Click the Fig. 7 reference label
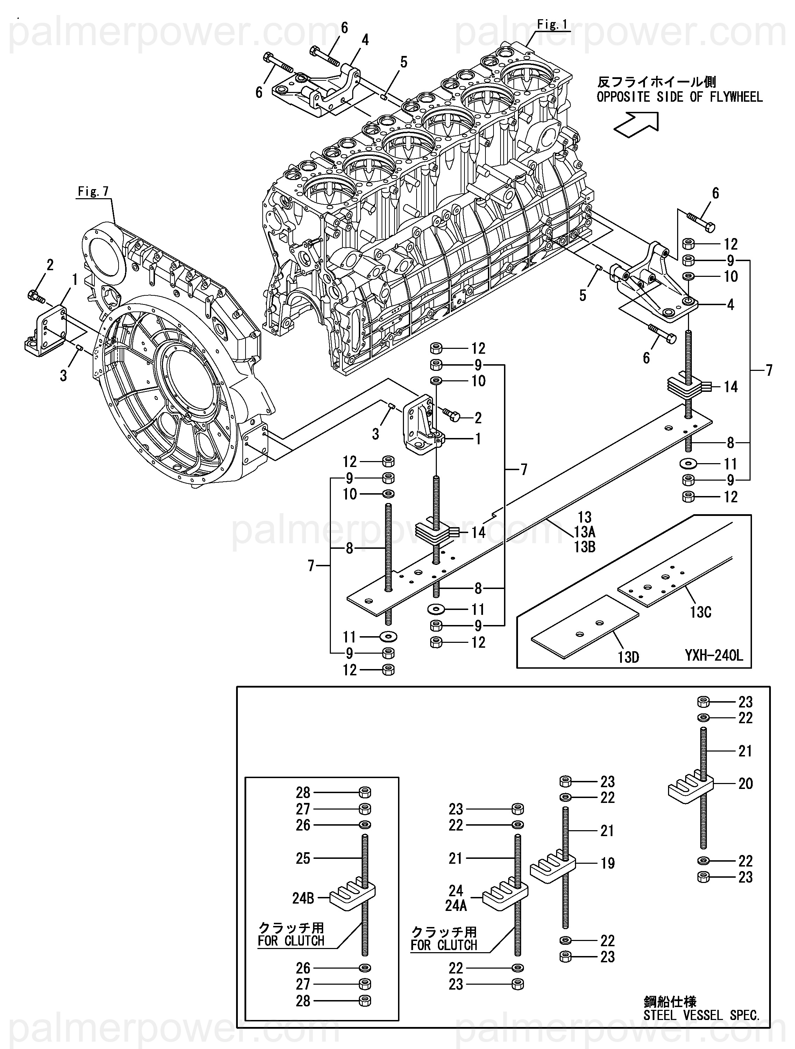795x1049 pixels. (x=93, y=191)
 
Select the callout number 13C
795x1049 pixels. (x=701, y=612)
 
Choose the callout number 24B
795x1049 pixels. (x=303, y=898)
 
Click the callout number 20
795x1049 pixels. (x=746, y=783)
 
